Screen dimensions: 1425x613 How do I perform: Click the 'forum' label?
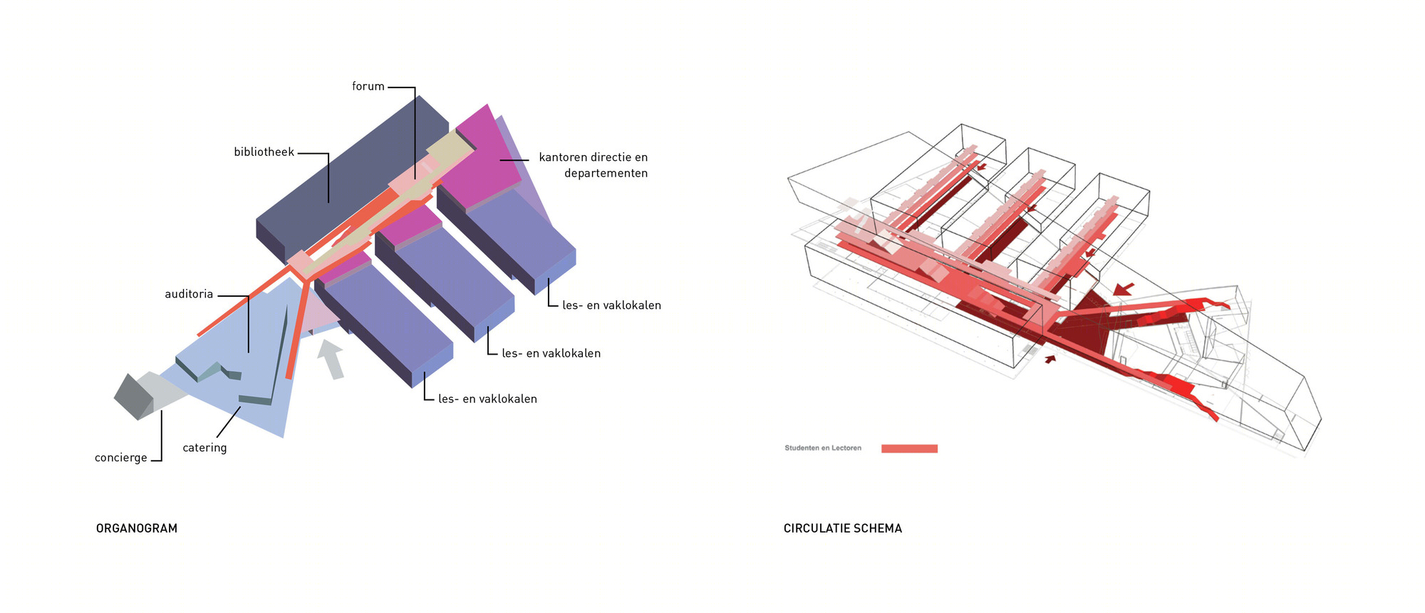pos(368,86)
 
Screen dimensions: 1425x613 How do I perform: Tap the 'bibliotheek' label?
pos(264,152)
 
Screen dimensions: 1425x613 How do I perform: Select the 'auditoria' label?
pos(189,294)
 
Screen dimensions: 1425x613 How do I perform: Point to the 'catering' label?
pos(204,448)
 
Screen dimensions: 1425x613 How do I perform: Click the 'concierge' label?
pos(121,458)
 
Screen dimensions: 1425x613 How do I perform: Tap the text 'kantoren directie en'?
pos(594,157)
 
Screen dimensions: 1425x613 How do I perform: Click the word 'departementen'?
pos(606,173)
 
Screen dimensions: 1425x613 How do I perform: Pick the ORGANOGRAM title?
pos(137,528)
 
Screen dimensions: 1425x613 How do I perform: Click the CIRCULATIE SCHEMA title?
pos(843,528)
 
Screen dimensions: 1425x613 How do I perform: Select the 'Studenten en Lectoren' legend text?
pos(823,448)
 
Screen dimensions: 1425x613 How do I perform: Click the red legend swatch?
pos(909,449)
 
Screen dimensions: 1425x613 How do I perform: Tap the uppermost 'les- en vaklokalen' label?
pos(611,305)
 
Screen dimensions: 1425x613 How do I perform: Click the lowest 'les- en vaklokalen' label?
pos(487,399)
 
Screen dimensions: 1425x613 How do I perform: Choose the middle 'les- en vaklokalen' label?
pos(551,353)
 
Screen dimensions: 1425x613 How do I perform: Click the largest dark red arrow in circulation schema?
pos(1124,289)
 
